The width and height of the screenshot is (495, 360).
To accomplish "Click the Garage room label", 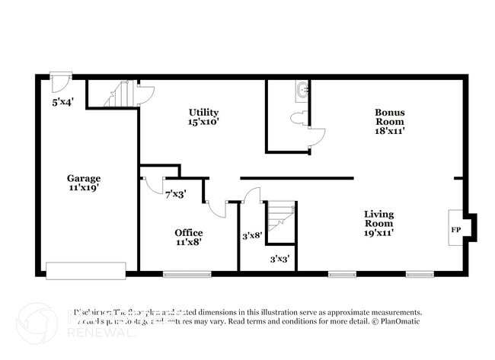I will coord(83,179).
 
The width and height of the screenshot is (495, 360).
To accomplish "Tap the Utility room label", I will coord(204,113).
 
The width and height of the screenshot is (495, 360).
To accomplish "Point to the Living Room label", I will coord(378,215).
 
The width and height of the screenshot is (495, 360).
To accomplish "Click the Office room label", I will coord(188,233).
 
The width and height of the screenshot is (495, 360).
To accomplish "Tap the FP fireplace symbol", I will coord(456,229).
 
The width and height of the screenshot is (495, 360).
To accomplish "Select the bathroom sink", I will coord(302,89).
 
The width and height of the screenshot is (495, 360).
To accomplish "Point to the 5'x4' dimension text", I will coord(62,101).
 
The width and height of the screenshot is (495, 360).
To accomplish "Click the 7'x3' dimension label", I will coord(177,194).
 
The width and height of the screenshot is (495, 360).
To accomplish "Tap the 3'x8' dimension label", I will coord(252,236).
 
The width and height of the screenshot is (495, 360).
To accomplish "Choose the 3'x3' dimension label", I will coord(279,259).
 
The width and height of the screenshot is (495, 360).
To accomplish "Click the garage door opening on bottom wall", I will coord(86,270).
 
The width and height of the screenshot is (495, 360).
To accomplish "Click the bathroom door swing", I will coord(316,137).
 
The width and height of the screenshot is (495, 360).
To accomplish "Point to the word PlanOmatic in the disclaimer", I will coord(400,323).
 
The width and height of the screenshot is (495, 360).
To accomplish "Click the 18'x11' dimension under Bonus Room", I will coord(389,130).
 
